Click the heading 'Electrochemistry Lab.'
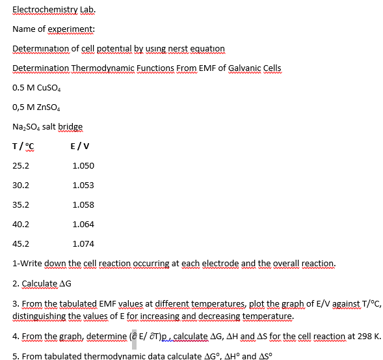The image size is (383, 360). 54,9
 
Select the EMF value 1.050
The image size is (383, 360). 83,166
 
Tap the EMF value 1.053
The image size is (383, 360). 83,186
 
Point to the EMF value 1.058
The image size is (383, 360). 83,205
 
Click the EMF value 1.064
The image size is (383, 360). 83,225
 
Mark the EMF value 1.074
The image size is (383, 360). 83,244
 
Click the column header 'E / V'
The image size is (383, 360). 81,146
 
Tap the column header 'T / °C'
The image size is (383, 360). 23,146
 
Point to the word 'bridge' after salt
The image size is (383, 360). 70,126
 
